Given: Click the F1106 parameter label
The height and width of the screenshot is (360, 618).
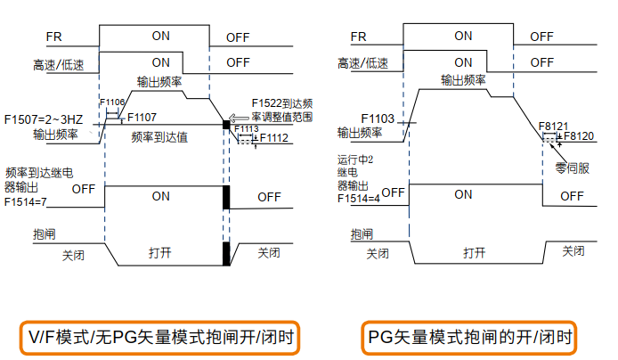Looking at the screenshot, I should [x=113, y=102].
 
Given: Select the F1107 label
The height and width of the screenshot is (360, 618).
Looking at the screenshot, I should [x=142, y=118].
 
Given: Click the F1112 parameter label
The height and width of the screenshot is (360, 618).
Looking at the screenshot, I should [x=272, y=138].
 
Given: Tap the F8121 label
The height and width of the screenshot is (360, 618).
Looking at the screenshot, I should [x=554, y=127].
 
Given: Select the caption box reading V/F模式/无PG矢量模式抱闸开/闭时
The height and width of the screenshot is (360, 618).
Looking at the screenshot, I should [x=159, y=338].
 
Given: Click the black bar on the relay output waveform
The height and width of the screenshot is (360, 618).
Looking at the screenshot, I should [x=226, y=196].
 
